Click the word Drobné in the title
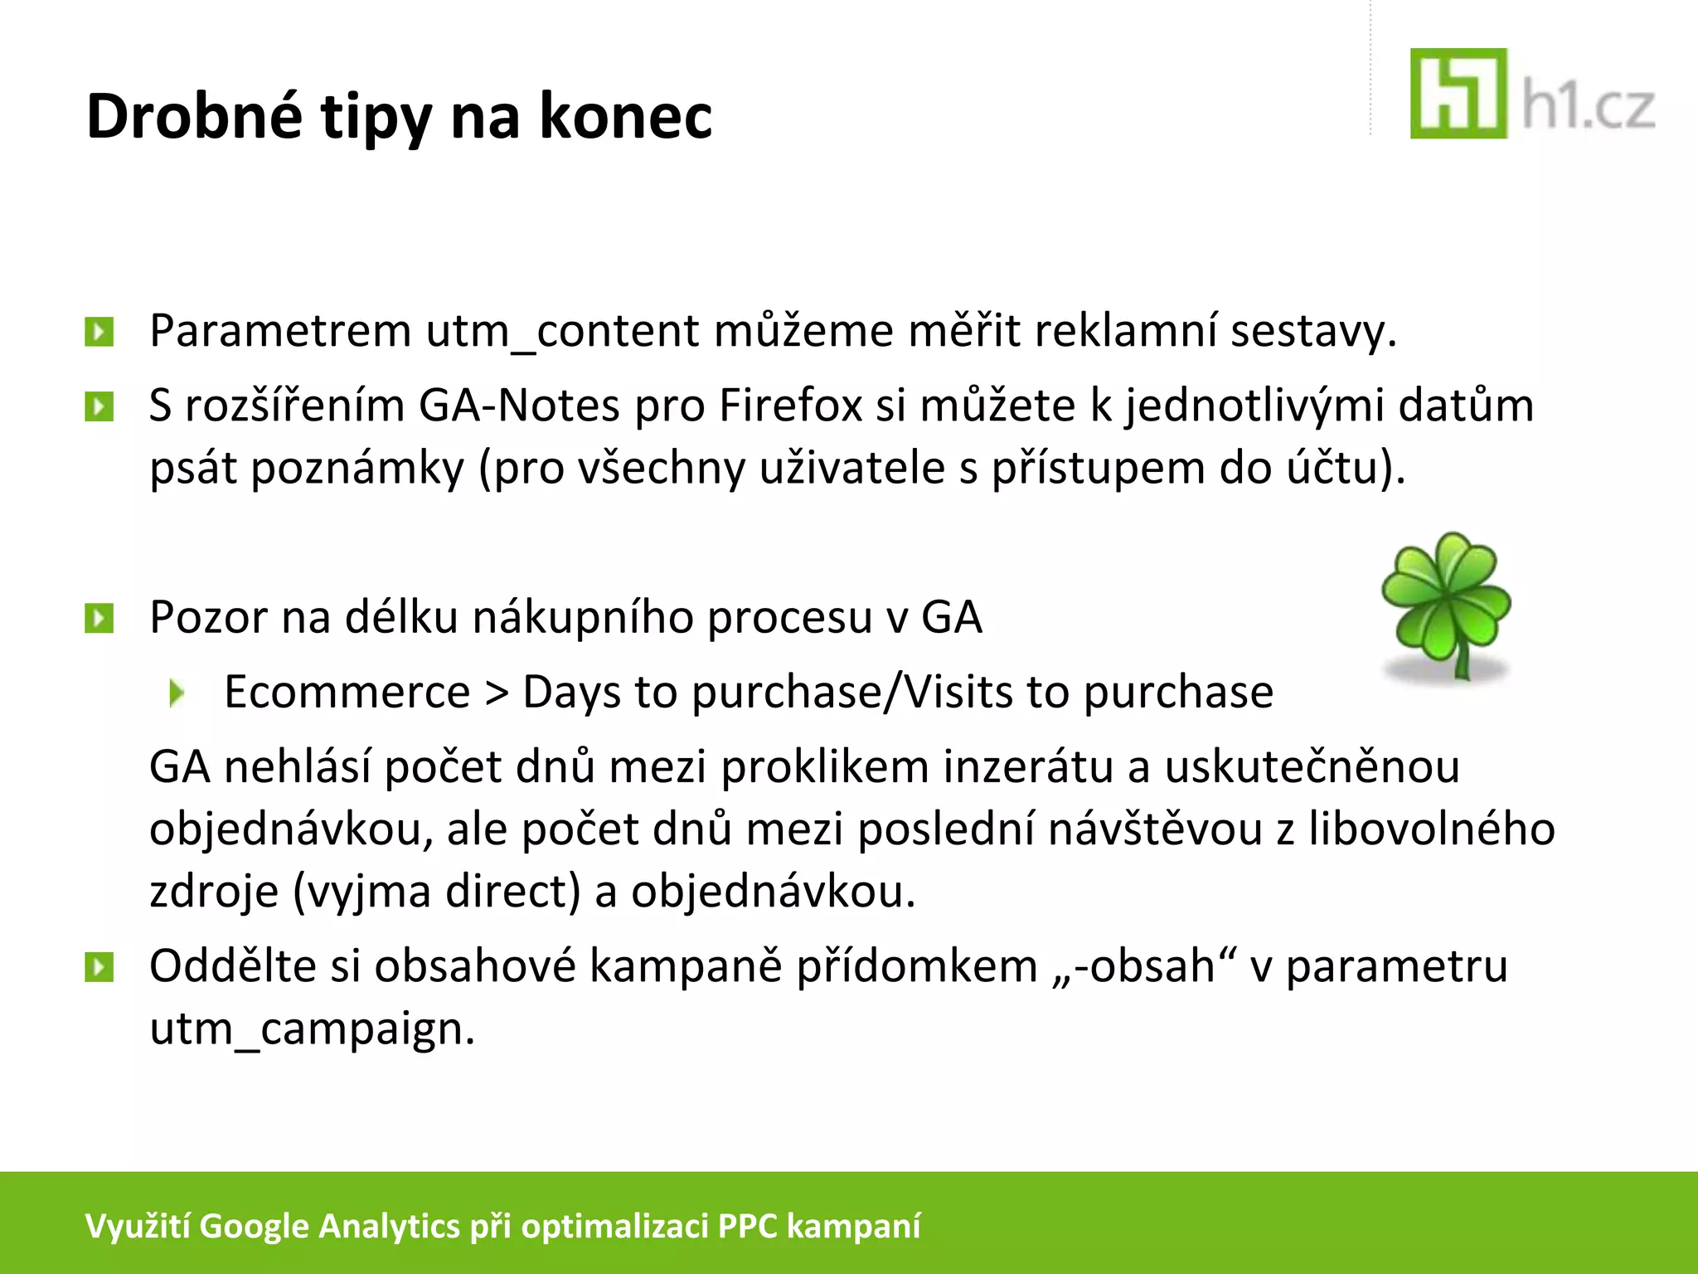click(195, 116)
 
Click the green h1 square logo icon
click(1458, 94)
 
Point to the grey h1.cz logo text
click(1589, 108)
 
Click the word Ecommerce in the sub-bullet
click(347, 693)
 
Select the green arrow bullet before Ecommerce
click(176, 693)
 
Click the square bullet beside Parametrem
click(99, 333)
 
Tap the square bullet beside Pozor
click(99, 618)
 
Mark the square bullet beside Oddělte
click(99, 967)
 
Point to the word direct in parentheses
click(512, 892)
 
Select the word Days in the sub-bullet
click(570, 693)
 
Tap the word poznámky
click(357, 469)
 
